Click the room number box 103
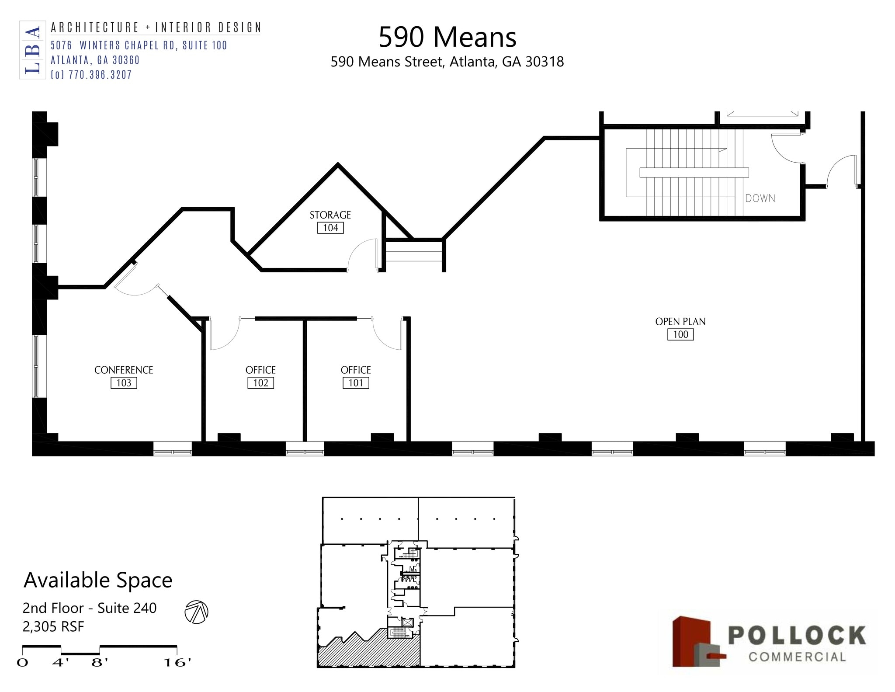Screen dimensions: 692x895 tap(124, 383)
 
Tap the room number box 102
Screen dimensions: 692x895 tap(261, 383)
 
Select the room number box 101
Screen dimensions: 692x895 tap(356, 383)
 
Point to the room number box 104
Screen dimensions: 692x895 tap(330, 228)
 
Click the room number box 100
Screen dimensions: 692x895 tap(680, 334)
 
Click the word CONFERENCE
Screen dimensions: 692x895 tap(124, 370)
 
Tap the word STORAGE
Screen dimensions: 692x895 tap(330, 215)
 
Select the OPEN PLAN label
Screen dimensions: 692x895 tap(680, 321)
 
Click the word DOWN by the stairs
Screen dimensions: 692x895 tap(760, 198)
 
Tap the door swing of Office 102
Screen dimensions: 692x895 tap(224, 334)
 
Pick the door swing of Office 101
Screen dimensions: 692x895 tap(387, 334)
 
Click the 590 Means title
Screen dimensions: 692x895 tap(447, 37)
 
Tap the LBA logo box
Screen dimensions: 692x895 tap(32, 50)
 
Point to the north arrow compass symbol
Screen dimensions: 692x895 tap(196, 612)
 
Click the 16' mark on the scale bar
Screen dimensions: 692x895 tap(177, 663)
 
